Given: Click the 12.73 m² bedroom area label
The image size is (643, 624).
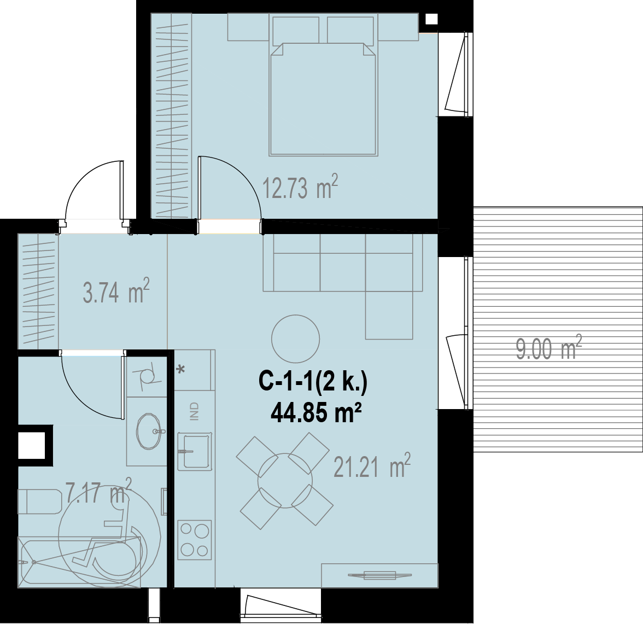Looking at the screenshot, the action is pyautogui.click(x=300, y=188).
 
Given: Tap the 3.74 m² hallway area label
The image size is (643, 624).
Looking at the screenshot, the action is pyautogui.click(x=116, y=291).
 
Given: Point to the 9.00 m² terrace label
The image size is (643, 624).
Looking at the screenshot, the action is pyautogui.click(x=549, y=348).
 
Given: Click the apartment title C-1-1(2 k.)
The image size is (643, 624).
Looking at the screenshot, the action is pyautogui.click(x=313, y=382).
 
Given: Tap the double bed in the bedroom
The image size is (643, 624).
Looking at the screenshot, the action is pyautogui.click(x=323, y=98).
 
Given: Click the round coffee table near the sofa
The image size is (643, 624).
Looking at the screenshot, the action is pyautogui.click(x=295, y=339).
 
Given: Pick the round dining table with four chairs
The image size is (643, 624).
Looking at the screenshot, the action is pyautogui.click(x=285, y=481).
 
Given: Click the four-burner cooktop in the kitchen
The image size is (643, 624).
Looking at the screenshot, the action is pyautogui.click(x=195, y=540).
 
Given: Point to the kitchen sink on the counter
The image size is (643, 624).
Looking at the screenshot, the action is pyautogui.click(x=195, y=451).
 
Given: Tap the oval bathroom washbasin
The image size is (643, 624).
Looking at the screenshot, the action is pyautogui.click(x=149, y=431).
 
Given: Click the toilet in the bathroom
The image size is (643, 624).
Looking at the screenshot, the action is pyautogui.click(x=39, y=501).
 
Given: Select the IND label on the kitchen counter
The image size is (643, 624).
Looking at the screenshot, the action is pyautogui.click(x=195, y=411).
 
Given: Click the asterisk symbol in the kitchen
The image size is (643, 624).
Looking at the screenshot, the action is pyautogui.click(x=180, y=370).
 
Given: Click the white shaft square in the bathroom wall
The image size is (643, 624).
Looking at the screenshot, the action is pyautogui.click(x=31, y=446).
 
